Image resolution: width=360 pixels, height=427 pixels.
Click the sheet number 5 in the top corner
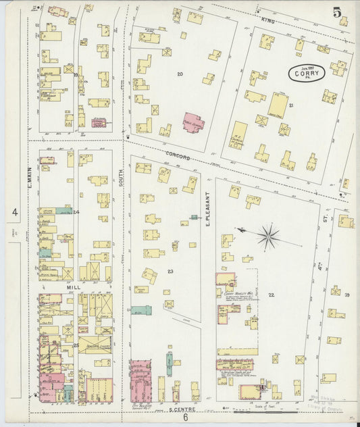tap(336, 11)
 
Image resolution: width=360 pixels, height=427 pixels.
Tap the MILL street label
tap(73, 286)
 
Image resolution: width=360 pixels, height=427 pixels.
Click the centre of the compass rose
tap(267, 237)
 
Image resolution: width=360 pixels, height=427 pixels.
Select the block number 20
tap(180, 73)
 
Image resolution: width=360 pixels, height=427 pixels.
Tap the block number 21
tap(290, 106)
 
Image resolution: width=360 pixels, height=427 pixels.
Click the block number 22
tap(271, 295)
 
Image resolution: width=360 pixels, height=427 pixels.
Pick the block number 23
tap(170, 271)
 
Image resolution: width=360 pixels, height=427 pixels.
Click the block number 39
tap(346, 295)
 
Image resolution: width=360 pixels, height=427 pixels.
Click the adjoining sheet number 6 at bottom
tap(185, 418)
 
